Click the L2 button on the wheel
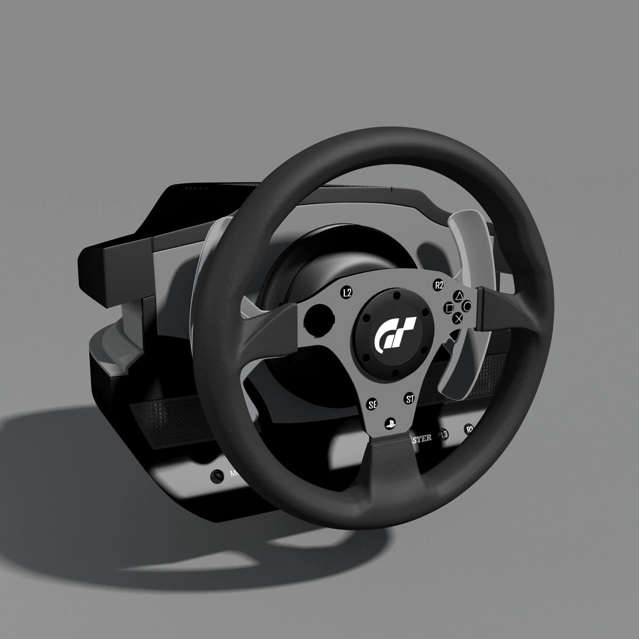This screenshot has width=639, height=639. pyautogui.click(x=347, y=292)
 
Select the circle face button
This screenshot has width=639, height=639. pyautogui.click(x=467, y=306)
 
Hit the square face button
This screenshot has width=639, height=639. pyautogui.click(x=448, y=308)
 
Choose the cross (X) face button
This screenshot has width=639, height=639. pyautogui.click(x=457, y=318)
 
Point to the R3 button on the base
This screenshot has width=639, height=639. pyautogui.click(x=470, y=429)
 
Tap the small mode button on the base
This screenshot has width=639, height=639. pyautogui.click(x=217, y=475)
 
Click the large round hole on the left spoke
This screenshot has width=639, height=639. pyautogui.click(x=317, y=319)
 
